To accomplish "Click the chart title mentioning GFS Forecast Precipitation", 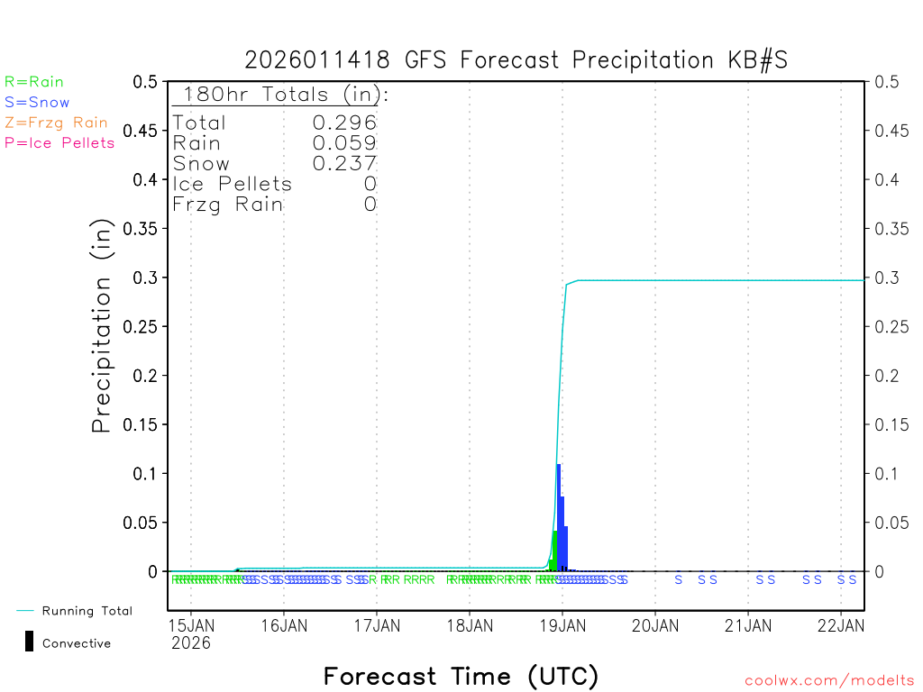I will click(516, 60).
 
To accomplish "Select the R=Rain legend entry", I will click(34, 82).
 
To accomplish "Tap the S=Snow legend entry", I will click(37, 103).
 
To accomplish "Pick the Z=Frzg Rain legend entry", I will click(56, 123).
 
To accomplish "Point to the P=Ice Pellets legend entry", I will click(59, 142).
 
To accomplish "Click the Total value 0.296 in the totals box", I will click(344, 123).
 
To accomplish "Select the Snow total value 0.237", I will click(344, 163).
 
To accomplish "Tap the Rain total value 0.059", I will click(344, 142).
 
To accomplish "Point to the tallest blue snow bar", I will click(559, 518).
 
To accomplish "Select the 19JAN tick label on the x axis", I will click(562, 624).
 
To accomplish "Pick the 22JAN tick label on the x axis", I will click(840, 624).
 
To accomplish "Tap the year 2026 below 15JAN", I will click(190, 642).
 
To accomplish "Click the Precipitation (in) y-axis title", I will click(102, 326).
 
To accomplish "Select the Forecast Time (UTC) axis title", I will click(461, 676).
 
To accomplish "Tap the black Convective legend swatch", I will click(29, 642).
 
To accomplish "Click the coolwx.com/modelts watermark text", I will click(829, 681).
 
